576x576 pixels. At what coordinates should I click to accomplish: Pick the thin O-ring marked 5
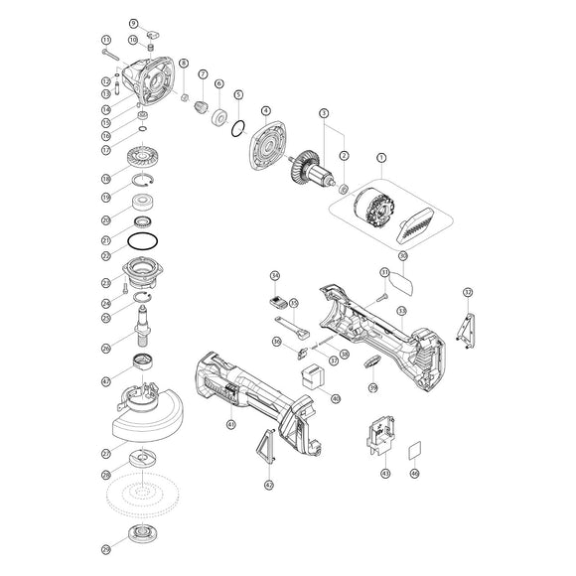[x=238, y=128]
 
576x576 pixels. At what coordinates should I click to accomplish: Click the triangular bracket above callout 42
[x=264, y=448]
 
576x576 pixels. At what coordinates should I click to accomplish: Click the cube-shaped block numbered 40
[x=311, y=376]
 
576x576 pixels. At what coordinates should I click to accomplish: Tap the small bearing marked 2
[x=343, y=188]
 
